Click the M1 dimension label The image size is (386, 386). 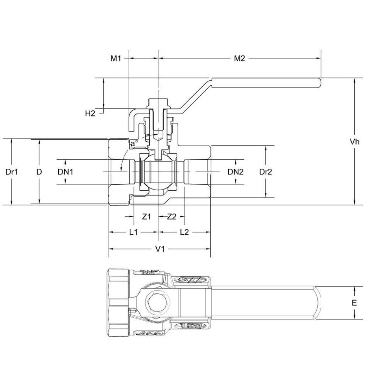click(116, 58)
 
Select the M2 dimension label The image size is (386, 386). click(240, 58)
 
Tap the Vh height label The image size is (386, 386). click(355, 141)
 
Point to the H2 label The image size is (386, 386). click(90, 113)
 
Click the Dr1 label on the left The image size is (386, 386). click(12, 171)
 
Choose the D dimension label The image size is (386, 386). click(39, 171)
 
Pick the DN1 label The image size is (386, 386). click(66, 172)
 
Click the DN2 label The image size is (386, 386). click(235, 172)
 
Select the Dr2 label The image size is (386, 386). click(265, 172)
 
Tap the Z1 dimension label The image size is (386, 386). click(146, 217)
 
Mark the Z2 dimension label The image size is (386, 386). click(171, 217)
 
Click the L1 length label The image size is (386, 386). click(133, 232)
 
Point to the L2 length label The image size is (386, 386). click(184, 232)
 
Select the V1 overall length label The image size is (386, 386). click(160, 249)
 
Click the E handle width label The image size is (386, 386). click(354, 303)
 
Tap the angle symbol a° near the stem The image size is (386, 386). click(133, 144)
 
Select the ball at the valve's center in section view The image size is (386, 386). click(158, 172)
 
